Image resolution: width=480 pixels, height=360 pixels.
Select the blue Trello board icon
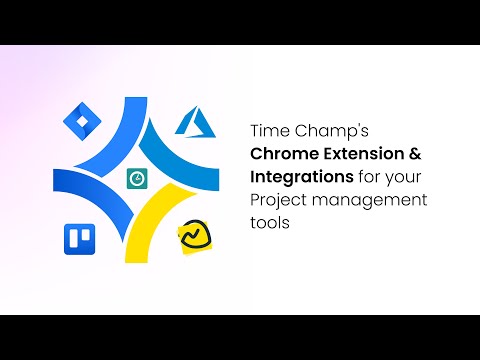[77, 238]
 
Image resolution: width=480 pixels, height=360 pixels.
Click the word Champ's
[321, 130]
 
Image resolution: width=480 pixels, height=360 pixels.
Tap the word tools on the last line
[269, 223]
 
